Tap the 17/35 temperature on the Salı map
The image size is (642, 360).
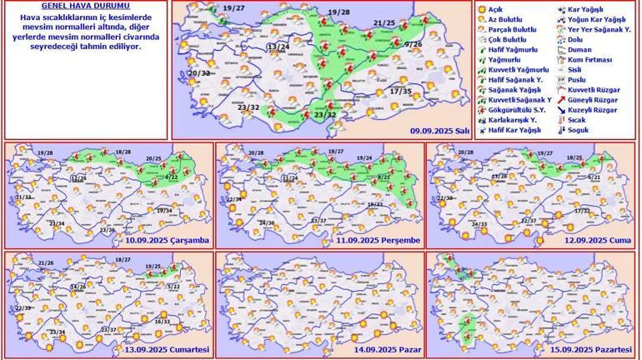click(401, 91)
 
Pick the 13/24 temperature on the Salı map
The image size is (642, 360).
click(278, 47)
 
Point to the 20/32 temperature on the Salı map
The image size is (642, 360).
click(198, 73)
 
